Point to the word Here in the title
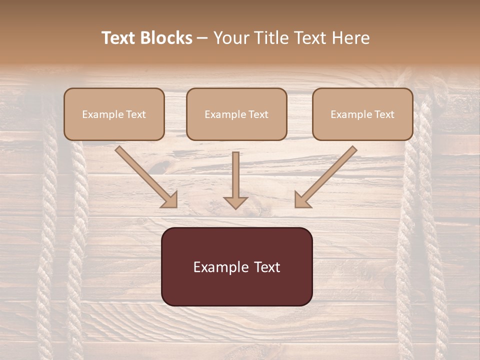point(352,38)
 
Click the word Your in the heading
point(230,38)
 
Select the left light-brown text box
point(114,114)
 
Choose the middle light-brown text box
point(236,114)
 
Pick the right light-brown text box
point(362,114)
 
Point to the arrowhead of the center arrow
point(235,202)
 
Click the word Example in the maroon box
point(220,267)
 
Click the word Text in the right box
point(384,114)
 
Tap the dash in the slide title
point(202,38)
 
